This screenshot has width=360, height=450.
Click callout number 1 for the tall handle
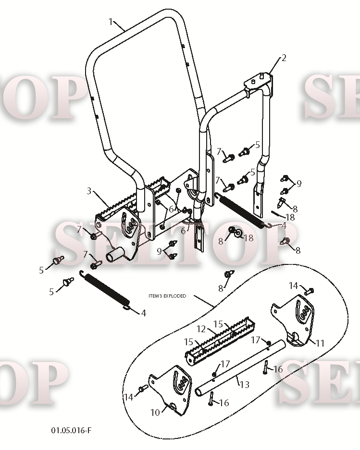tap(111, 22)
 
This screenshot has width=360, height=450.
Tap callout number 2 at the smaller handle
tap(284, 58)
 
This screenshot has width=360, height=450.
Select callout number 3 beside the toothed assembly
tap(89, 191)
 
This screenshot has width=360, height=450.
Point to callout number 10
tap(155, 412)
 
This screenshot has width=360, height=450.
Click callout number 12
tap(201, 329)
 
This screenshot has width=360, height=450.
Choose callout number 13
tap(244, 384)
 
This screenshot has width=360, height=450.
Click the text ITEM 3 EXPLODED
tap(167, 296)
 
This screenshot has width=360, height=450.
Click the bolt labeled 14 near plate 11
tap(310, 291)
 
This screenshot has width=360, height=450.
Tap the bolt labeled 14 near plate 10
tap(143, 388)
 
